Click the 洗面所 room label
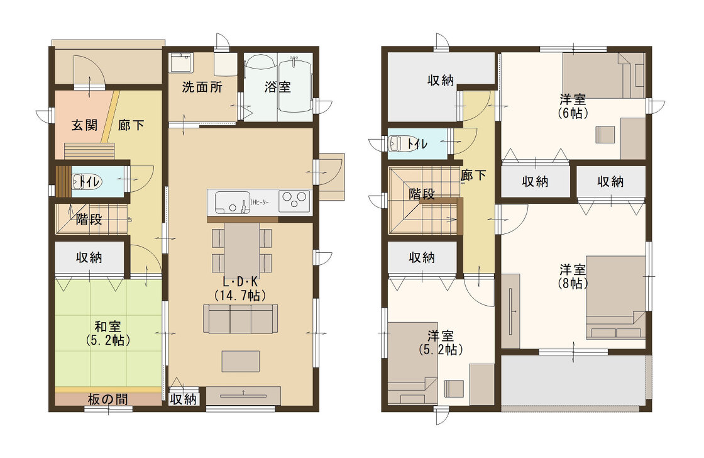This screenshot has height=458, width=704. [x=202, y=87]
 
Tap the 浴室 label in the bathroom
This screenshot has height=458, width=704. [x=277, y=87]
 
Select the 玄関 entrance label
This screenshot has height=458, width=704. [x=84, y=125]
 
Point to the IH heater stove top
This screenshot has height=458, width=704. [x=294, y=201]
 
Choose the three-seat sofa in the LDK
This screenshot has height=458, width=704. [x=241, y=319]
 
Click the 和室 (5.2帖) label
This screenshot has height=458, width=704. [x=107, y=333]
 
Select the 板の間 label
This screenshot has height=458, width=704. [x=107, y=399]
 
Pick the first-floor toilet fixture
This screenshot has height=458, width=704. [x=87, y=182]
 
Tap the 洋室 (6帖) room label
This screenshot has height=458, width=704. [x=573, y=106]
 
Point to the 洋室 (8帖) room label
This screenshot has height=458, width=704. [x=573, y=276]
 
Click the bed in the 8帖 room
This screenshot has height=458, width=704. [x=615, y=297]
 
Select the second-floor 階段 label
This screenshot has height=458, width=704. [x=422, y=194]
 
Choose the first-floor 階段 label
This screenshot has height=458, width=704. [x=89, y=220]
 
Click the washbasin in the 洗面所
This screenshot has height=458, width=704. [x=182, y=62]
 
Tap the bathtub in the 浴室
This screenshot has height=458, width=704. [x=295, y=86]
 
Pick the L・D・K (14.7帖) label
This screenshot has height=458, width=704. [x=240, y=289]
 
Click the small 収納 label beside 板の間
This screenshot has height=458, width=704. [x=183, y=399]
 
